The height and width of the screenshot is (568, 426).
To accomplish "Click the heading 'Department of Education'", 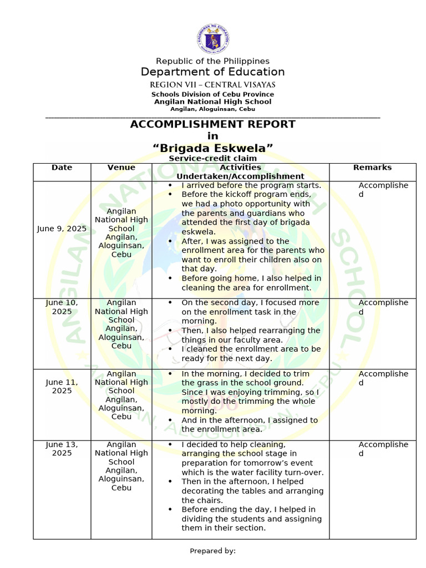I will [212, 72].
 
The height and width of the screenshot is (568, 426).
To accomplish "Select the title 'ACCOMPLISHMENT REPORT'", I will [212, 124].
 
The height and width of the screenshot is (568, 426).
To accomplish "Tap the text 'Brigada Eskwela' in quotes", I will [212, 148].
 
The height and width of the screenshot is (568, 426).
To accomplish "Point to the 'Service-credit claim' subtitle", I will [212, 159].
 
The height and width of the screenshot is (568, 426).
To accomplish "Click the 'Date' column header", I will [62, 168].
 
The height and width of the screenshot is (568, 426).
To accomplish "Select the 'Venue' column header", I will [121, 168].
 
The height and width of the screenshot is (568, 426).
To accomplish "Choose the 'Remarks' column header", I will [372, 168].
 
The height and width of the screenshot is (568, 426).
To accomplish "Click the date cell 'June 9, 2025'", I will [62, 228].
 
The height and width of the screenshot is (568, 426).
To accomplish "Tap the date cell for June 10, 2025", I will [62, 307].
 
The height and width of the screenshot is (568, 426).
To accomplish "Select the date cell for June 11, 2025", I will [62, 387].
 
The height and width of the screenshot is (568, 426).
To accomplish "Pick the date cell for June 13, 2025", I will [62, 449].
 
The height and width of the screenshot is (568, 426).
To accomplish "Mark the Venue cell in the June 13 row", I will [121, 466].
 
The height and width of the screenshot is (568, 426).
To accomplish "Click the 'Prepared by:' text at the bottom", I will [212, 551].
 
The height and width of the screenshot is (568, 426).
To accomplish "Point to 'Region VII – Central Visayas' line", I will [212, 85].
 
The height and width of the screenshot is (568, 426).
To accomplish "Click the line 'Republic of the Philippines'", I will [212, 61].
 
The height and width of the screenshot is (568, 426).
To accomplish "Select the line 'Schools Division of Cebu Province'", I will [212, 94].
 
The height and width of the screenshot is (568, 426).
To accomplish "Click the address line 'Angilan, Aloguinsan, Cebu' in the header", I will [212, 109].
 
